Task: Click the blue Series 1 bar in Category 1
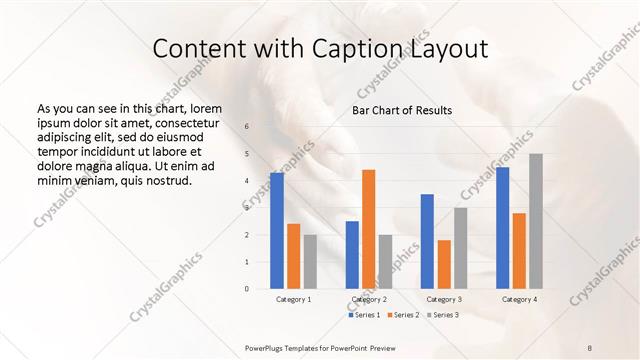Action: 277,230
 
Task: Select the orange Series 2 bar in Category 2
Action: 369,228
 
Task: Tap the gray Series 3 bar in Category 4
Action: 536,221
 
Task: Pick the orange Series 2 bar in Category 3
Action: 444,264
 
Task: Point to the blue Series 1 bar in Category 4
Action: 502,227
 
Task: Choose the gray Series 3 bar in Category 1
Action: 310,261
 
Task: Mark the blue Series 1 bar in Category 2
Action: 352,254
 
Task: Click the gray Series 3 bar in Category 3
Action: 461,247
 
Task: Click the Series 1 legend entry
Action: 367,315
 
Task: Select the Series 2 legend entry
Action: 404,315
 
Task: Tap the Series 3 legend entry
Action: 442,315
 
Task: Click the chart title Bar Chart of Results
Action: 402,110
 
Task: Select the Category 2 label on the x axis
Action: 369,299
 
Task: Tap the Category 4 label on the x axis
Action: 519,299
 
